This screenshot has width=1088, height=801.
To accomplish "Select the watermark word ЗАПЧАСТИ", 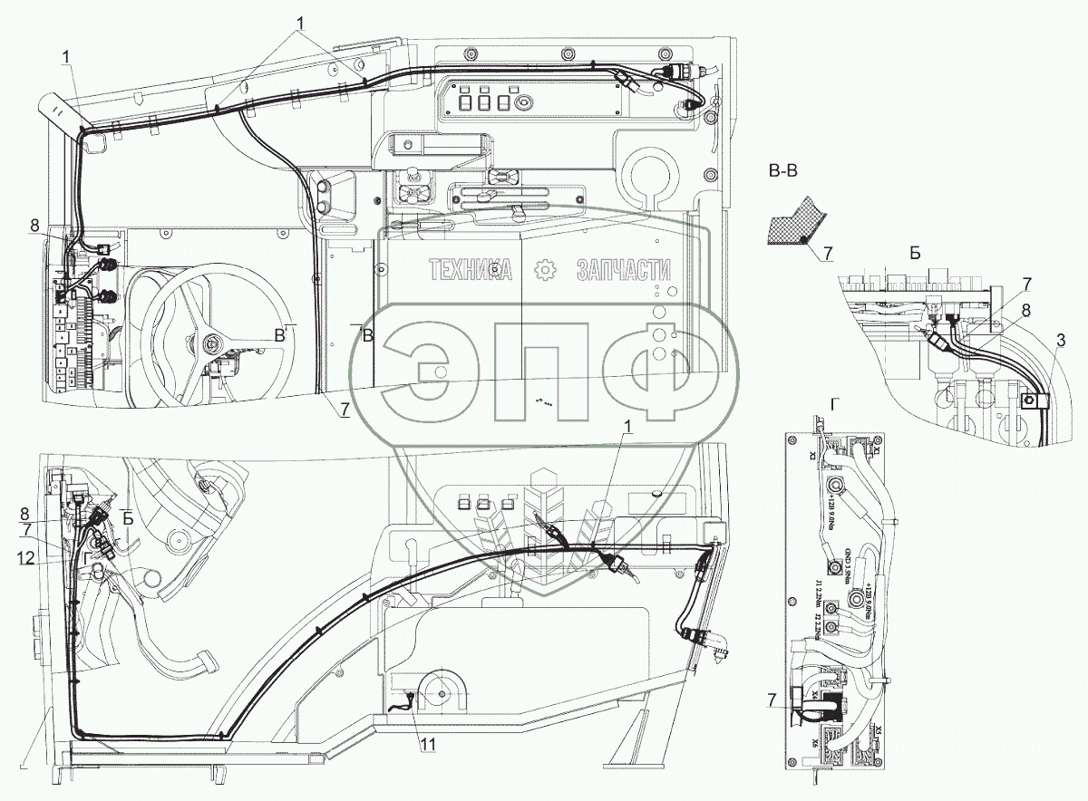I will [625, 269].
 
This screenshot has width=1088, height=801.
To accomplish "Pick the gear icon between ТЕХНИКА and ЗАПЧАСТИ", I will [546, 269].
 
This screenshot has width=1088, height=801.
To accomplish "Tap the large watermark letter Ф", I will [650, 361].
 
